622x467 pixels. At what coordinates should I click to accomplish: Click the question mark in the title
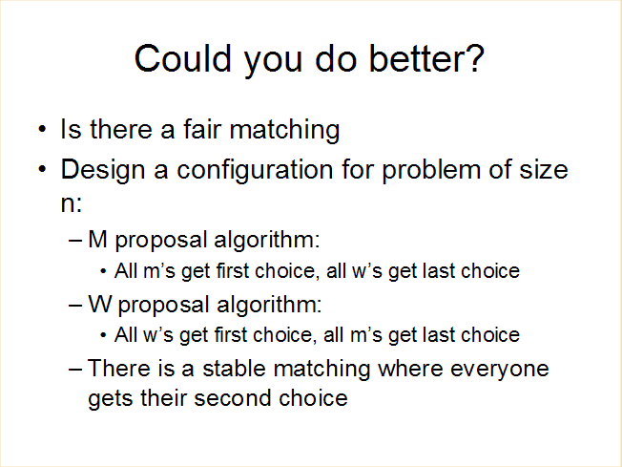(474, 58)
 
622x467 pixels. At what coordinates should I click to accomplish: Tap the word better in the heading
(416, 58)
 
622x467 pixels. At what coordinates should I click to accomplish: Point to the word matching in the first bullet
(284, 131)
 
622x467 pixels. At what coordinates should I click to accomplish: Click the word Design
(102, 171)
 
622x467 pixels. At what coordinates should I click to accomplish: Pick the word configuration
(255, 171)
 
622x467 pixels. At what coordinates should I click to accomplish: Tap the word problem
(431, 171)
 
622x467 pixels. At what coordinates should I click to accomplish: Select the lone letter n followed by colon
(71, 203)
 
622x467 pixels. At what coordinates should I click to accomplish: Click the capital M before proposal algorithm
(97, 240)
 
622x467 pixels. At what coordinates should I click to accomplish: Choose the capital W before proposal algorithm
(100, 305)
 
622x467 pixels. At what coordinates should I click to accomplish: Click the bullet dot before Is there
(42, 129)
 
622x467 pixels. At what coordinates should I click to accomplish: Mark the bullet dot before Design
(42, 169)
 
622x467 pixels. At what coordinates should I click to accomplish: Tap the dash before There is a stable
(75, 369)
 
